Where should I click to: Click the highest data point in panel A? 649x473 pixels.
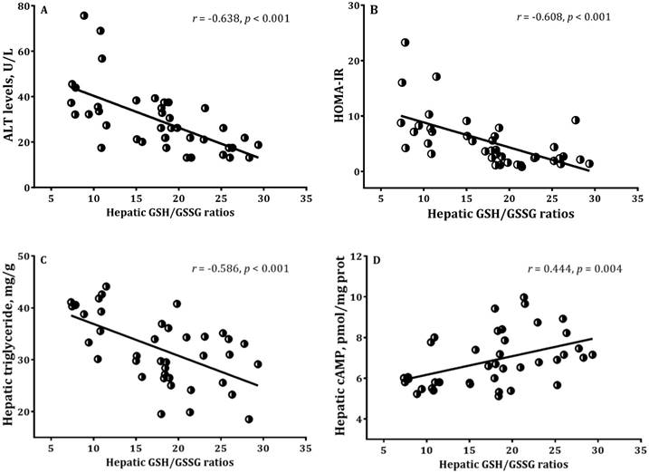tap(84, 15)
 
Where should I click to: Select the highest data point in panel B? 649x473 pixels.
tap(406, 43)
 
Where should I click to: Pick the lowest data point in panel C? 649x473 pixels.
tap(248, 420)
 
